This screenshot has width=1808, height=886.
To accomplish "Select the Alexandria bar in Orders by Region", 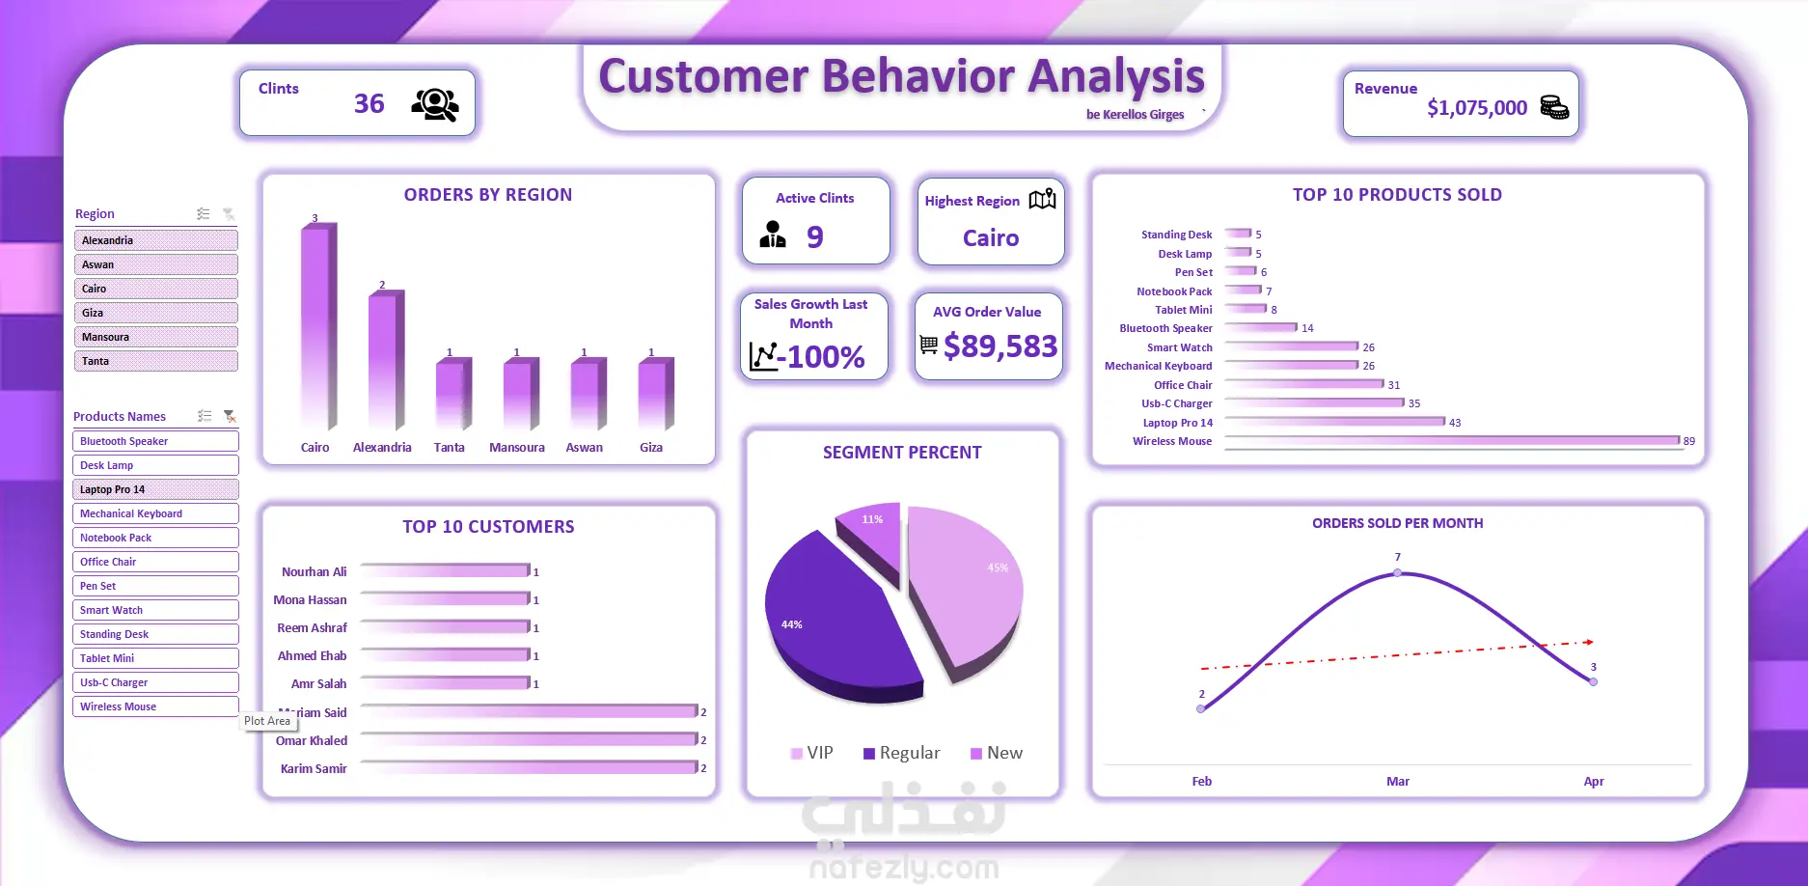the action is pos(385,360).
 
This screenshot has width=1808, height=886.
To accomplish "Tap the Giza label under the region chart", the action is pos(651,448).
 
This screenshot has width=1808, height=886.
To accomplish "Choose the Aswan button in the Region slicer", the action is pos(155,264).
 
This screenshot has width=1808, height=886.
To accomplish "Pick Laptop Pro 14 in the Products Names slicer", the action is pos(155,489).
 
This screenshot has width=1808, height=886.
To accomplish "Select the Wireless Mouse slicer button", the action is pos(155,706).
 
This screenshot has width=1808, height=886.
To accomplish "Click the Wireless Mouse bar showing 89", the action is pos(1452,441).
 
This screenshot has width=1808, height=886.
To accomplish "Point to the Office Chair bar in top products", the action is pos(1303,384).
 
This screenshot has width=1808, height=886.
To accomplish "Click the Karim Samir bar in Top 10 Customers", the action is pos(529,767).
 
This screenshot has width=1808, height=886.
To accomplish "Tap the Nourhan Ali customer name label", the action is pos(314,572).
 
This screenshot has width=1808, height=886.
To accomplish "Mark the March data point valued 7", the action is pos(1398,573).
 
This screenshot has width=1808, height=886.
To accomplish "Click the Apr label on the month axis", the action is pos(1594,782).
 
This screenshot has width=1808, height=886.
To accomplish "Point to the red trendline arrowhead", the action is pos(1589,642).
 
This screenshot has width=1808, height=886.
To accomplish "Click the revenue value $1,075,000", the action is pos(1477,108).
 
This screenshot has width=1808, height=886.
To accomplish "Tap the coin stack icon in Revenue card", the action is pos(1554,107).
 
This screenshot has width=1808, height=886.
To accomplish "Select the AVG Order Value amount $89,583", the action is pos(1000,346).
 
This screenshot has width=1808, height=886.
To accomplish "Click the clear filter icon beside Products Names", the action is pos(230,416).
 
